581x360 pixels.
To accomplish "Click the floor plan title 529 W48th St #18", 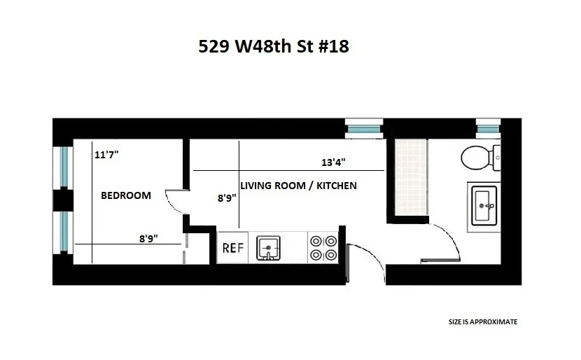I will coord(273,47).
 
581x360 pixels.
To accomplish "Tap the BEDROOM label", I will coord(126,195).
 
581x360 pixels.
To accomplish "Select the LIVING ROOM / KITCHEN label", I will coord(298,186).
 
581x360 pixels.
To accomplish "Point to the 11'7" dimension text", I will coord(106,155).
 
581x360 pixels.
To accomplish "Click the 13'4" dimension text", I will coord(333,162).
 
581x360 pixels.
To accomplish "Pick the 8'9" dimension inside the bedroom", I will coord(148,238).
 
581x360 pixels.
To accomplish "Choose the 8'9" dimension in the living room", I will coord(227,198).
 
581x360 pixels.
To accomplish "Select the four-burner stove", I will coord(323,247).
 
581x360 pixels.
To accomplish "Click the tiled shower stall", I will coord(410,176).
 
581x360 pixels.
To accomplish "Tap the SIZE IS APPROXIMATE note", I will coord(483,322).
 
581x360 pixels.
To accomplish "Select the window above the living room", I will coord(364,129).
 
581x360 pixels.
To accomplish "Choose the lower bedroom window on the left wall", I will coord(64,232).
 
